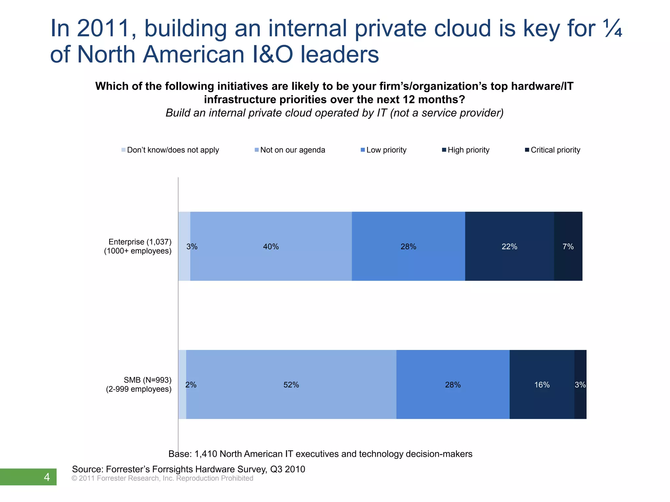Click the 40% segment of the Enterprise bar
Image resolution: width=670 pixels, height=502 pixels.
click(x=271, y=247)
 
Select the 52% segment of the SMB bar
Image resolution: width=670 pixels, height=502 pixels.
click(x=291, y=385)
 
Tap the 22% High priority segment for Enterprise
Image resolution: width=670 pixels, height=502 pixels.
click(x=509, y=247)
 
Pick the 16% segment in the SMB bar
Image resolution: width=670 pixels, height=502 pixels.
click(x=542, y=385)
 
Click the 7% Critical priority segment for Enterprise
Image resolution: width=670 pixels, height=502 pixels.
click(x=568, y=247)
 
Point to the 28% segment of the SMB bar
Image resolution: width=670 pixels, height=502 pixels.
click(x=453, y=385)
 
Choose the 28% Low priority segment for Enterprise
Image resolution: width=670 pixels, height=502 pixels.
click(x=408, y=247)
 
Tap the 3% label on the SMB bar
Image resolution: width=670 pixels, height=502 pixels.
click(x=580, y=385)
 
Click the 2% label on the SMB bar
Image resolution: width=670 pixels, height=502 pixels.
click(x=191, y=385)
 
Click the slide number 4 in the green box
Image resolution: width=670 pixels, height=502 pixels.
click(x=47, y=477)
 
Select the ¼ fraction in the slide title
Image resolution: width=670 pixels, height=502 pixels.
click(x=613, y=29)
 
